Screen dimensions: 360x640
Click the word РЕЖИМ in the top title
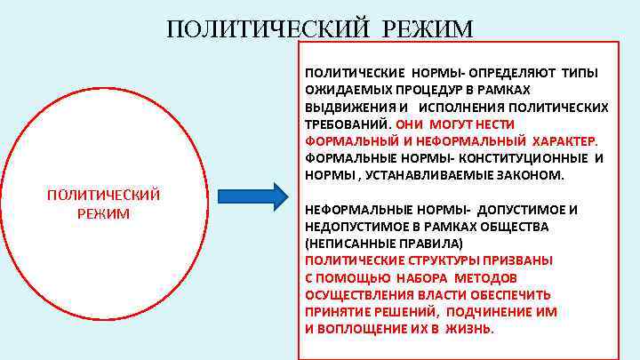coord(428,29)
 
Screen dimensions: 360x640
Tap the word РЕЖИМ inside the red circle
coord(103,213)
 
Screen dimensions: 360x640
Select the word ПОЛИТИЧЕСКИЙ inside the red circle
coord(103,195)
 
